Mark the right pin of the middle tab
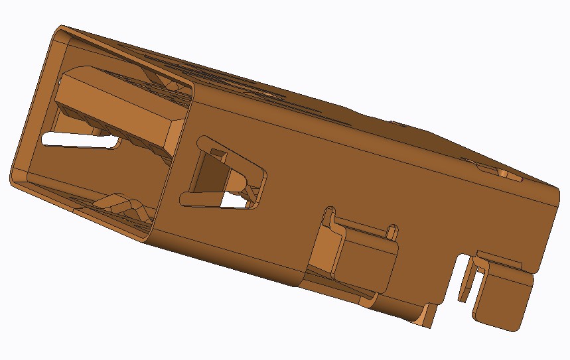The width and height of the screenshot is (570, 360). click(x=393, y=231)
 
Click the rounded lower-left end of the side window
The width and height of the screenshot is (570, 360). click(x=184, y=197)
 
